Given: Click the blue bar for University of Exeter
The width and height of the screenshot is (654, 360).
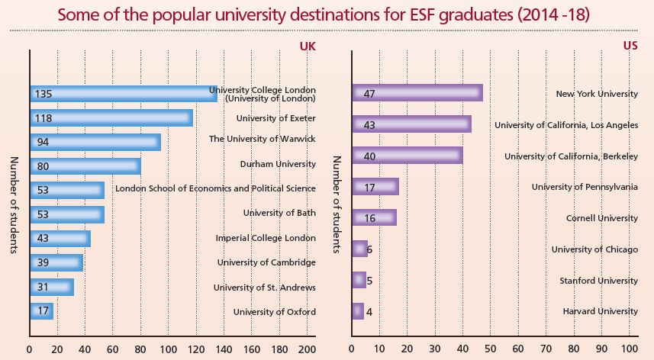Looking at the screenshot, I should pos(111,118).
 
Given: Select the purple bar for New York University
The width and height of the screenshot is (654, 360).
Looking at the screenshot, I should pos(417,94).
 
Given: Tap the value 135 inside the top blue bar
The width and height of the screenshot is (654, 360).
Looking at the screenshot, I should pos(43,95).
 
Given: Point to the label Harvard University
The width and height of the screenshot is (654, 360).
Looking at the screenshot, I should pos(600,311).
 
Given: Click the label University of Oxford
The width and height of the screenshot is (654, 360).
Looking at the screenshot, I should pos(274,311).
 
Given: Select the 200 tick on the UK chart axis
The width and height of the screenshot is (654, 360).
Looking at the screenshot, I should pos(307,350).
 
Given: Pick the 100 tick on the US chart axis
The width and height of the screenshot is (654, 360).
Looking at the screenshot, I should pos(629,350).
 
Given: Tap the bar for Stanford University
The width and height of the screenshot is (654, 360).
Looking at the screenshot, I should pos(359,280).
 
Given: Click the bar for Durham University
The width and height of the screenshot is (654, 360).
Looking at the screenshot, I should pos(85,166).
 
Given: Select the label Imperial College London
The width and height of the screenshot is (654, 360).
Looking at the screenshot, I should pos(266,238).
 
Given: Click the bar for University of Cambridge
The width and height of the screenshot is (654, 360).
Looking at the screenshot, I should pos(56,263).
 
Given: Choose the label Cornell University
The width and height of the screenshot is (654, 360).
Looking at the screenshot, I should pos(601,217).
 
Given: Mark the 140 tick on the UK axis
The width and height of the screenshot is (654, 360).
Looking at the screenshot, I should pos(224,350).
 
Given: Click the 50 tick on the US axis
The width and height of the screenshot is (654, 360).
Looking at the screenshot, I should pos(491,350).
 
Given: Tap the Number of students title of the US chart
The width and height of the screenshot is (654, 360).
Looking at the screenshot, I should pos(337,206).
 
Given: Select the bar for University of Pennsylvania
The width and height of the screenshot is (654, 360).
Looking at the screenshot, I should pos(375,187).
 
